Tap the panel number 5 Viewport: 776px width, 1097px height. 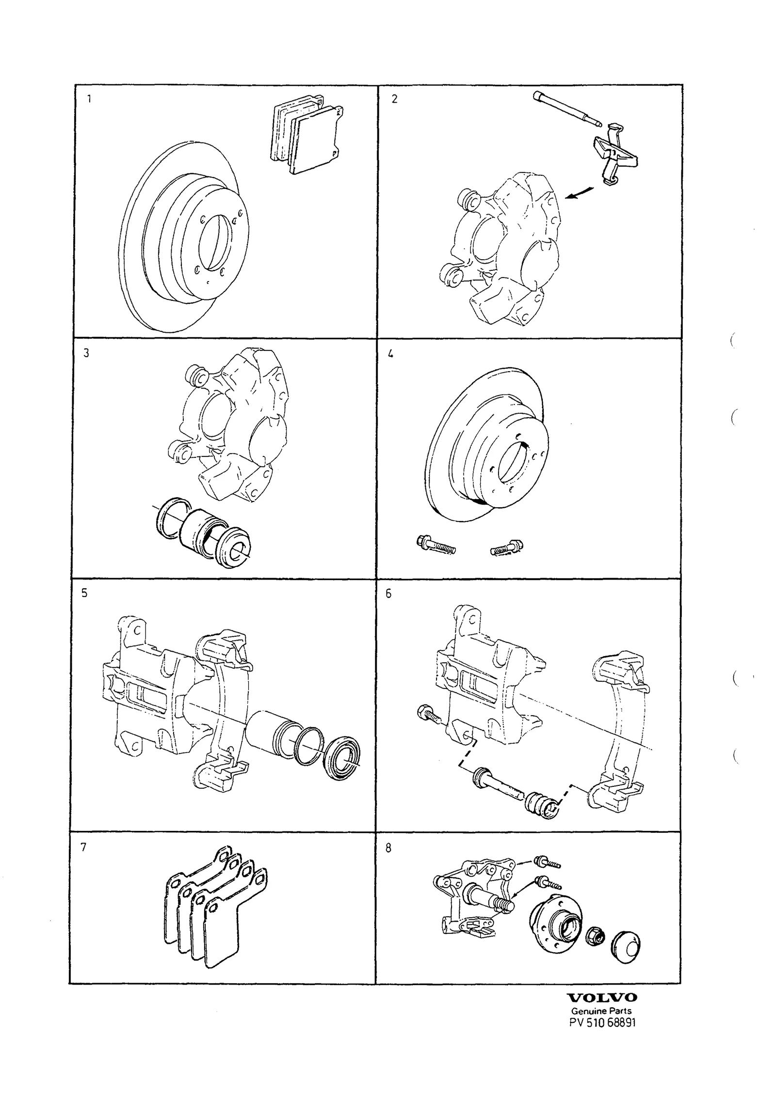pyautogui.click(x=84, y=594)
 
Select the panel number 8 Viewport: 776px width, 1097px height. pyautogui.click(x=388, y=848)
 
